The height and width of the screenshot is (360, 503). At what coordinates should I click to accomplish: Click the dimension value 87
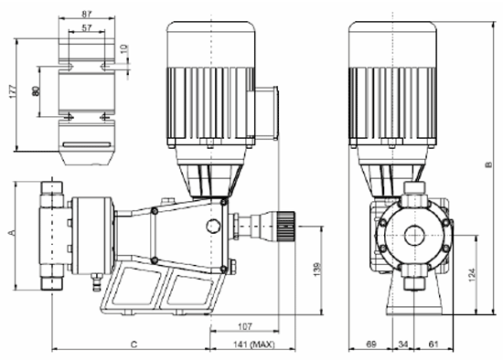pyautogui.click(x=87, y=14)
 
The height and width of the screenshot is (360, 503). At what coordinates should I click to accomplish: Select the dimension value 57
pyautogui.click(x=87, y=27)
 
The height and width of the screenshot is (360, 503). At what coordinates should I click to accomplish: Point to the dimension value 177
pyautogui.click(x=12, y=91)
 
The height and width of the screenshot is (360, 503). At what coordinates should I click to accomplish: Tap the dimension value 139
pyautogui.click(x=316, y=270)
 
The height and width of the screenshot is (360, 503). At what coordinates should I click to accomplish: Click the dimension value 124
pyautogui.click(x=472, y=275)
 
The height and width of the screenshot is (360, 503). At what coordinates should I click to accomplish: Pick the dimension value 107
pyautogui.click(x=245, y=327)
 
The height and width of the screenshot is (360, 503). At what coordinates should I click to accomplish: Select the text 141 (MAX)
pyautogui.click(x=253, y=344)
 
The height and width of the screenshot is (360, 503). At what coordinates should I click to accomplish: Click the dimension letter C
pyautogui.click(x=134, y=344)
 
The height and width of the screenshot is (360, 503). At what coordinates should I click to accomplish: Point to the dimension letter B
pyautogui.click(x=488, y=164)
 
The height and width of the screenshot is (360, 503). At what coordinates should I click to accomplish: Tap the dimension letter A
pyautogui.click(x=12, y=232)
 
